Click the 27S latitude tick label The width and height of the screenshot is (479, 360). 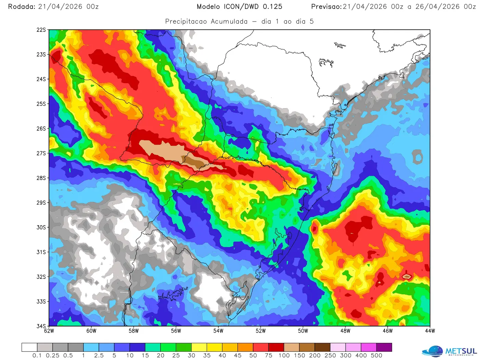click(x=41, y=153)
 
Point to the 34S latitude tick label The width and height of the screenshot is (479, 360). click(x=41, y=326)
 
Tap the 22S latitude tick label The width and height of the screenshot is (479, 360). click(x=41, y=30)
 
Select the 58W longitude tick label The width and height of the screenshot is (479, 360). click(x=134, y=331)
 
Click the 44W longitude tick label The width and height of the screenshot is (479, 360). click(x=430, y=331)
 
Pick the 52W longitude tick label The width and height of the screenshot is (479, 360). click(x=261, y=331)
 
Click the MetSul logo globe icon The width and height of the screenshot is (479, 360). click(x=432, y=351)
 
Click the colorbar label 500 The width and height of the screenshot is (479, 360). click(x=376, y=356)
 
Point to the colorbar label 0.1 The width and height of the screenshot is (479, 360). click(x=37, y=356)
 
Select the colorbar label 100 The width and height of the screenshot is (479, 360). click(x=284, y=356)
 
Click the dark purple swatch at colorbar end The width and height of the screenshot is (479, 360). click(x=384, y=347)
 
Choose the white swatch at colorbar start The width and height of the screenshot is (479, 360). click(x=29, y=347)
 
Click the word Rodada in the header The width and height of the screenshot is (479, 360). click(x=21, y=7)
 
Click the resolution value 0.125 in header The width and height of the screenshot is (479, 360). click(x=273, y=7)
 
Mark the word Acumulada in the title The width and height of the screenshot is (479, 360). click(x=229, y=21)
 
